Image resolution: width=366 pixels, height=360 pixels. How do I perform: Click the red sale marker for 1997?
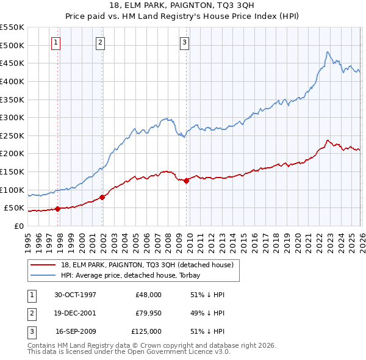pos(58,209)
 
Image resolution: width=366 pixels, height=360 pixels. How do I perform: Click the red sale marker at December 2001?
pos(102,197)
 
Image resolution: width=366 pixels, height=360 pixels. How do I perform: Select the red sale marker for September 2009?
pos(186,181)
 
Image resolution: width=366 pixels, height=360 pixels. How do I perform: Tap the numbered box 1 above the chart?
pos(56,42)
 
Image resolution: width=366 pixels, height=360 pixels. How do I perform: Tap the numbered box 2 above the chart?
pos(100,42)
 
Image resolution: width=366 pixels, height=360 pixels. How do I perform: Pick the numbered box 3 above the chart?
pos(184,42)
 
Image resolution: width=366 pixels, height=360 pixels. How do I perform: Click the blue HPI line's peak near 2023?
pos(328,52)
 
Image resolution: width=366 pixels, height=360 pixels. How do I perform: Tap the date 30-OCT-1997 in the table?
pos(75,295)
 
